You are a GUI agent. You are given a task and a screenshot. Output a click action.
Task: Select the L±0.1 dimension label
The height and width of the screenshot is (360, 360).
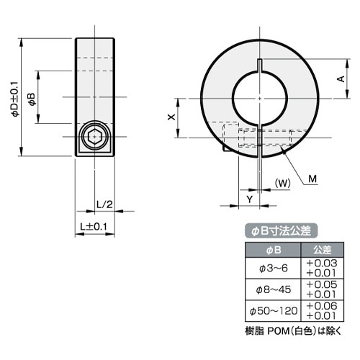coord(94,227)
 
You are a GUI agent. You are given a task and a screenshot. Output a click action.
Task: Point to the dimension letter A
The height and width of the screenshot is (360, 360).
coord(339,80)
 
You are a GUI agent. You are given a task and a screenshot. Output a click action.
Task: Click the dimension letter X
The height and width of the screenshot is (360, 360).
coord(171,117)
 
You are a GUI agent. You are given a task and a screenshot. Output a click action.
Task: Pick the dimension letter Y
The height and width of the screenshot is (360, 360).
coord(248,197)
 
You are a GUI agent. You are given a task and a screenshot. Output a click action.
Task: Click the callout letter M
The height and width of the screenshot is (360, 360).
coord(313,179)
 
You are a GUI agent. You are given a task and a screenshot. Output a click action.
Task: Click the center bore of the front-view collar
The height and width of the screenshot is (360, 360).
coord(257,98)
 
